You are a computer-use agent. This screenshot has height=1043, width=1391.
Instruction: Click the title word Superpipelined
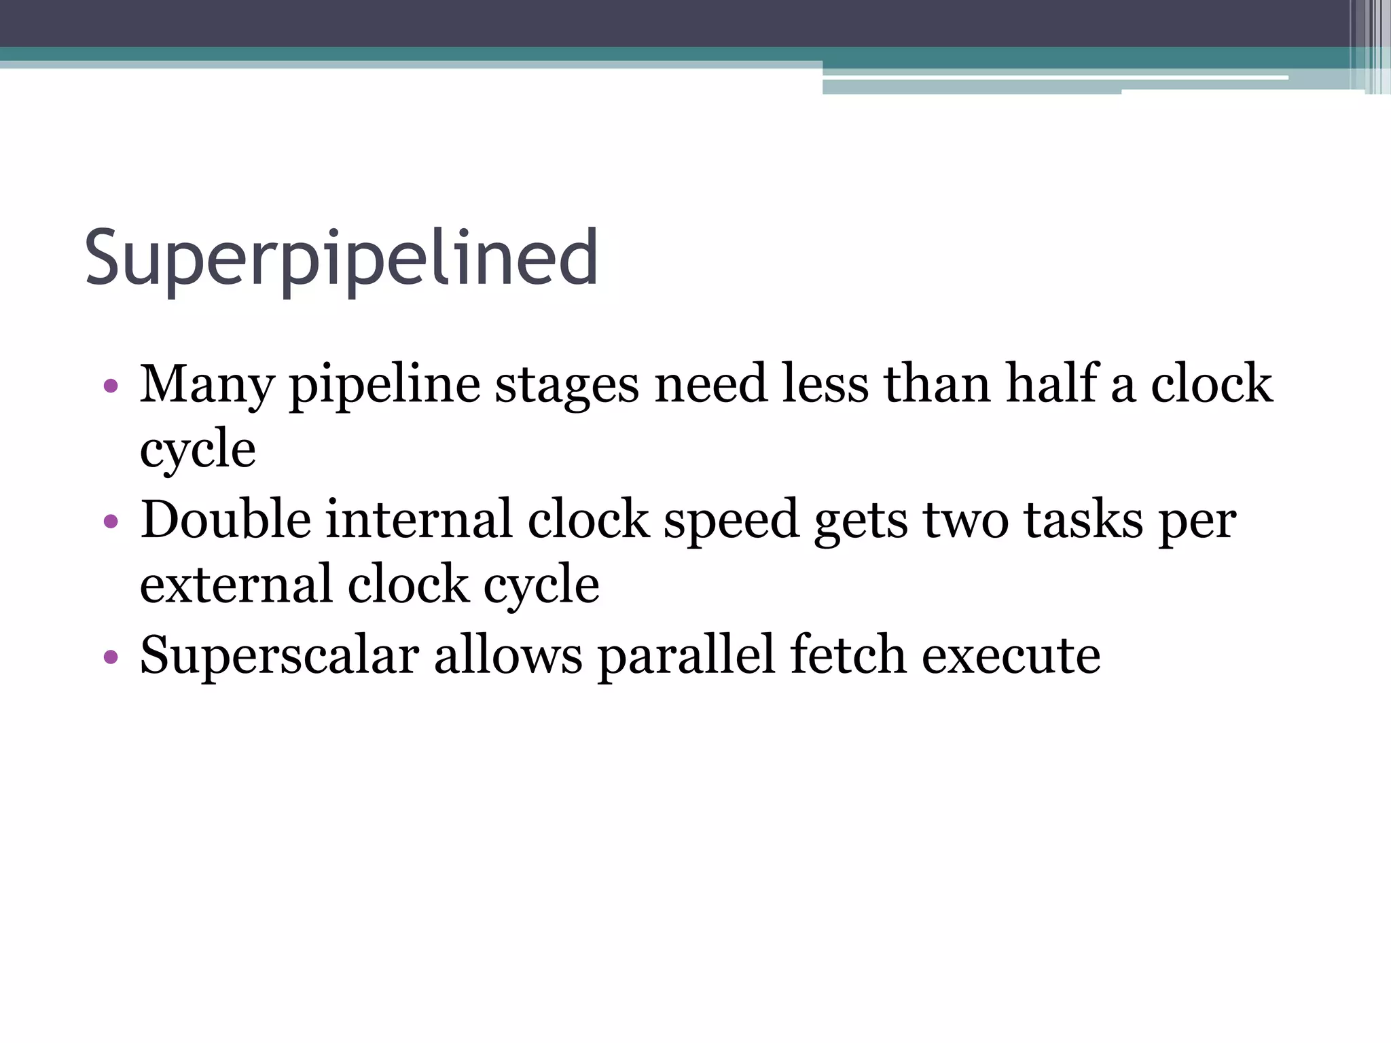(341, 259)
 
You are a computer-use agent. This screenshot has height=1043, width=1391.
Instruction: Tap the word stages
(566, 384)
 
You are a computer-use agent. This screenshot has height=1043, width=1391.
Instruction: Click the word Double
(225, 520)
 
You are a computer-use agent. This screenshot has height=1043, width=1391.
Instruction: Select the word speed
(731, 520)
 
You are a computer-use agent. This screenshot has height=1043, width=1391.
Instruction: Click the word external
(236, 585)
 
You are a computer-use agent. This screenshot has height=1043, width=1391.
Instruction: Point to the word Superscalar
(279, 655)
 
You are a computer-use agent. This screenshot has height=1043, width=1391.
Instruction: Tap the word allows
(508, 655)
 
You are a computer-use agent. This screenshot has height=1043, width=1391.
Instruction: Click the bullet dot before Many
(111, 387)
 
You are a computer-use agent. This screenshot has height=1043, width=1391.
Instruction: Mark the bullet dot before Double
(111, 523)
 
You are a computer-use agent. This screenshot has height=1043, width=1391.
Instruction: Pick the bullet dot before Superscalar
(111, 657)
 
